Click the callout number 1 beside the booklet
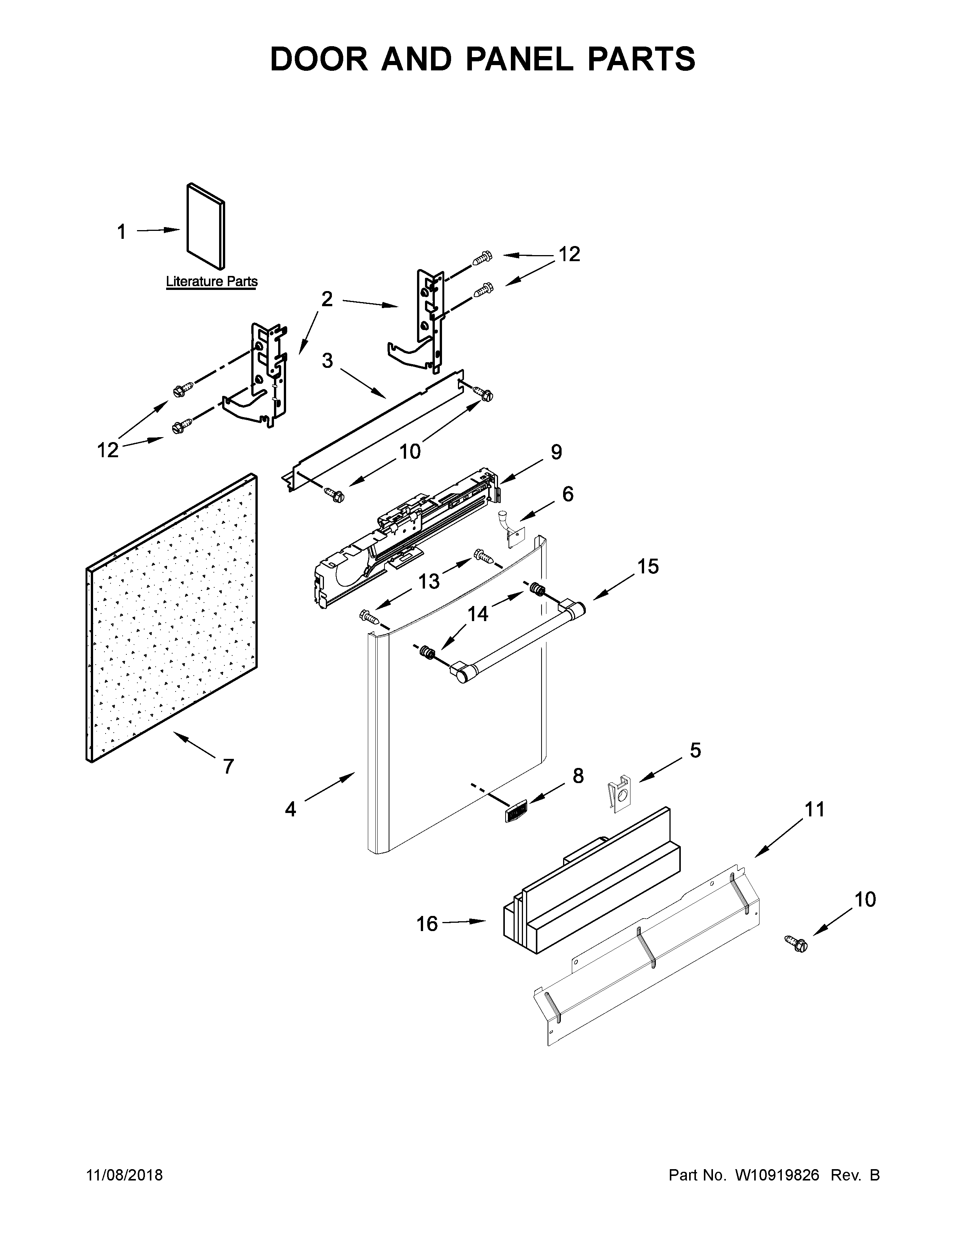(121, 232)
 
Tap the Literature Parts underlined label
(212, 281)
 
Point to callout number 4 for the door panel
(290, 809)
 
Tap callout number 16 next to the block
(427, 923)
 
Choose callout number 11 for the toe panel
(815, 809)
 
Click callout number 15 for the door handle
(648, 566)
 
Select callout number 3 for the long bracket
(327, 360)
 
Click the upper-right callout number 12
(569, 254)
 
